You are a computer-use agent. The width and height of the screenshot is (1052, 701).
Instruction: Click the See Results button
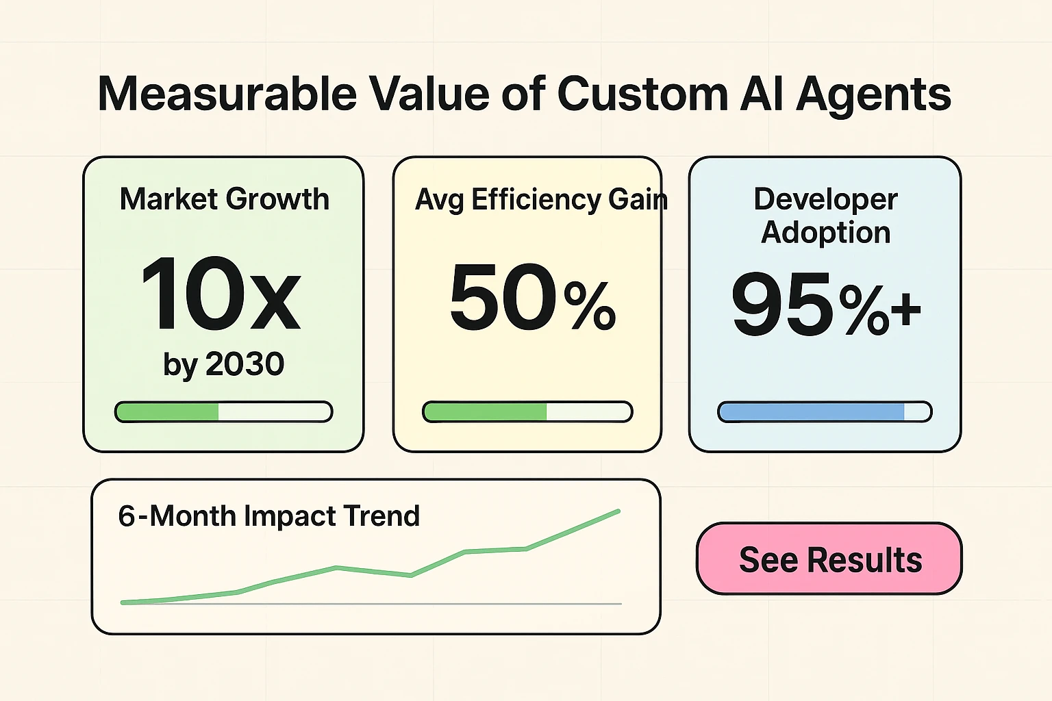829,559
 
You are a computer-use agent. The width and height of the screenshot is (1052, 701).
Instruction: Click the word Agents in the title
873,94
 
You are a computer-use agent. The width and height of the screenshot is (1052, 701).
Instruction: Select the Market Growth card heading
224,199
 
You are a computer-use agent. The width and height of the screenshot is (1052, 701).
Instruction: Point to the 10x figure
221,294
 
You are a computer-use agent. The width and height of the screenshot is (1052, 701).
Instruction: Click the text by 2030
223,364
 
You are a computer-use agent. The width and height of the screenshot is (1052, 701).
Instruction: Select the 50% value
533,298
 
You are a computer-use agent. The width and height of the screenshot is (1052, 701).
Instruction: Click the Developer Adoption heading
825,216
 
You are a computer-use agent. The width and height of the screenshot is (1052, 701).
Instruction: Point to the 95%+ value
825,305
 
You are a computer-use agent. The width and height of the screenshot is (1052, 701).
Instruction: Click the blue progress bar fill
812,412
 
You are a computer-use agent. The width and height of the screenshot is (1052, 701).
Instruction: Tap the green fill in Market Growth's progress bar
168,412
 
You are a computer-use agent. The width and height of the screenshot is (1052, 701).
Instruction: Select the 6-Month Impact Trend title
268,516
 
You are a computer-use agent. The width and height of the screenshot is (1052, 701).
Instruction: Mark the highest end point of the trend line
618,511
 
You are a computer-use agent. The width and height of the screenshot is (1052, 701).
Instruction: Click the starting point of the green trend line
123,602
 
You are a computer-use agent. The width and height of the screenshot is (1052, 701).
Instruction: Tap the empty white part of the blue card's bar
916,412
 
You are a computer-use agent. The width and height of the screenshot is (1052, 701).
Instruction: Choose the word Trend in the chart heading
381,516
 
